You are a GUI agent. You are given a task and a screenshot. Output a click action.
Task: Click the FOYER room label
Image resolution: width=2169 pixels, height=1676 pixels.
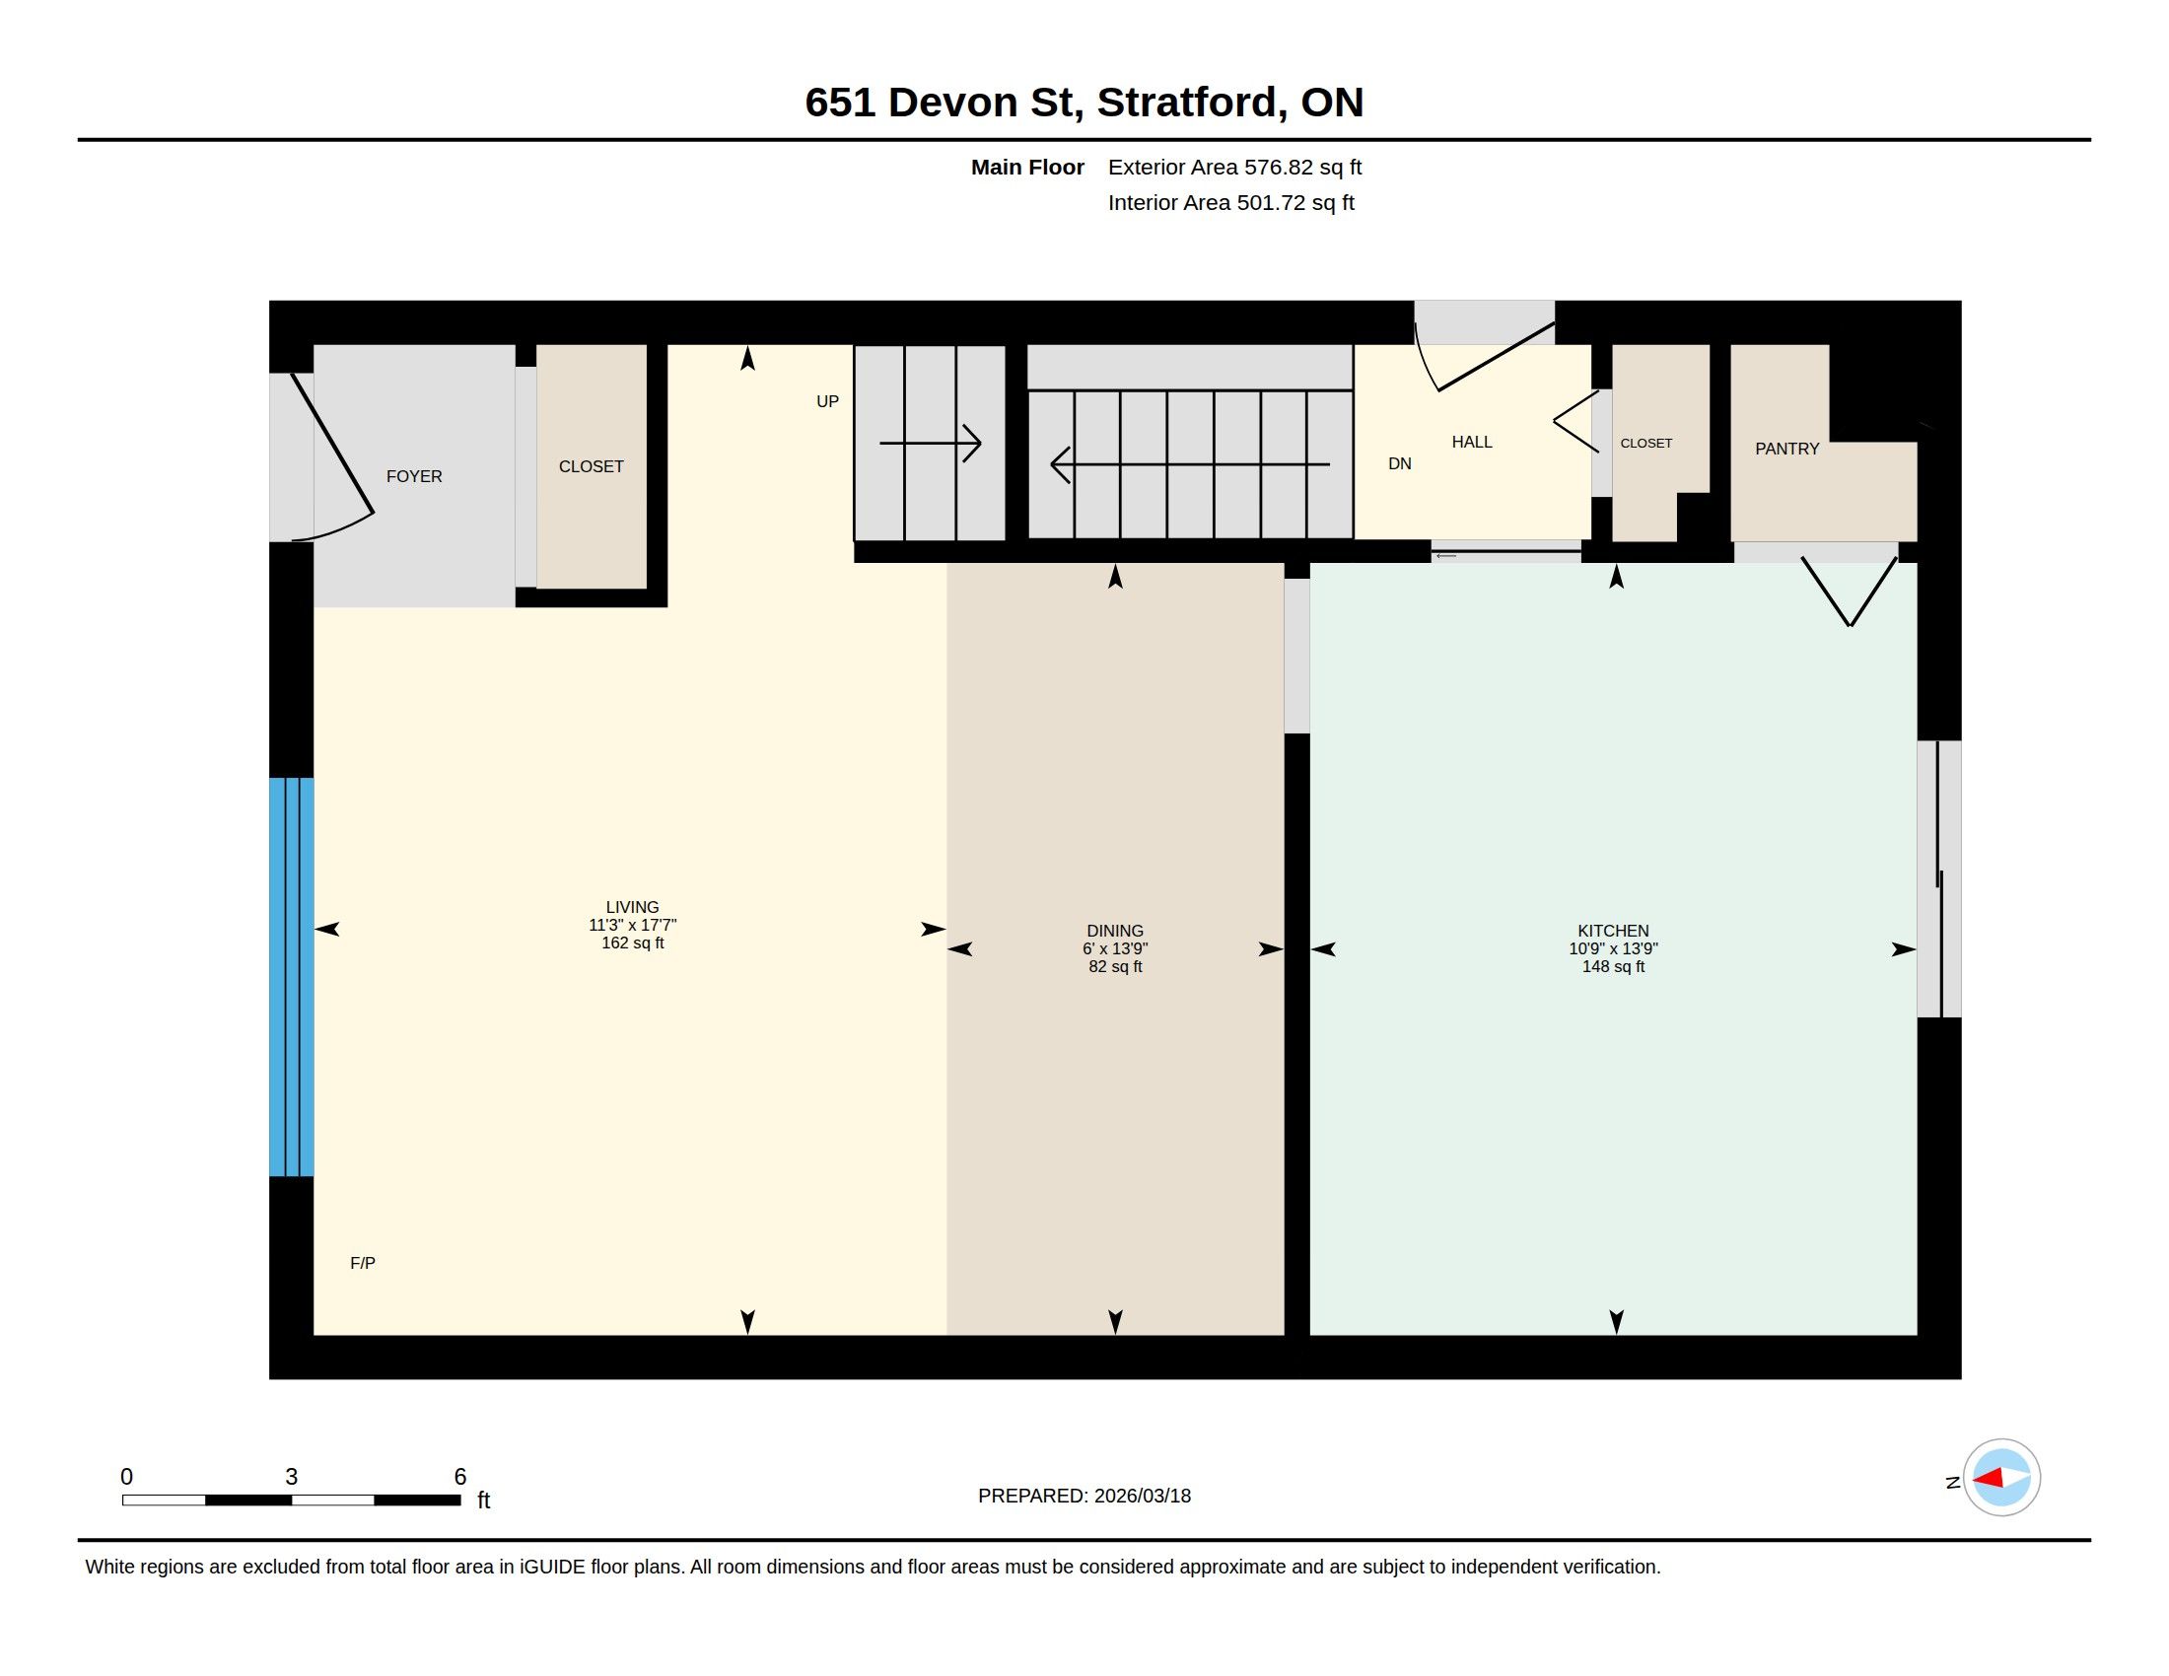click(x=414, y=476)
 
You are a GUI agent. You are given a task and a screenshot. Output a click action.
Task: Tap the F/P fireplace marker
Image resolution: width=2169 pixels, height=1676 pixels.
click(x=363, y=1263)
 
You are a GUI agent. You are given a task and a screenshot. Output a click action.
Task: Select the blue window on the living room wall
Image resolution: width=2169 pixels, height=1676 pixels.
click(x=291, y=977)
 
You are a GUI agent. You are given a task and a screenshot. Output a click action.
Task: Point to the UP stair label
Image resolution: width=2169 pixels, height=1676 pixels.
click(x=827, y=401)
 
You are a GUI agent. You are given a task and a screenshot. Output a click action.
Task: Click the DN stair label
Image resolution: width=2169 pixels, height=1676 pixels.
click(x=1399, y=463)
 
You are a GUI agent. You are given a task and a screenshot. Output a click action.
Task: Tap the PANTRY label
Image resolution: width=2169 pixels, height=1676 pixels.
click(x=1786, y=449)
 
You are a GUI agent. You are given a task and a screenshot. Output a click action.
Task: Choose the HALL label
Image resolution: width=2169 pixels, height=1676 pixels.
click(x=1472, y=442)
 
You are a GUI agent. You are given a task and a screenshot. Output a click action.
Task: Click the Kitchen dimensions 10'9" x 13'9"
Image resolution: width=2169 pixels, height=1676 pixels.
click(x=1613, y=949)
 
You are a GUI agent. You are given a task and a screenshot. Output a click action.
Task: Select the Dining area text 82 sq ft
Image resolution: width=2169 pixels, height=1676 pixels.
click(x=1115, y=967)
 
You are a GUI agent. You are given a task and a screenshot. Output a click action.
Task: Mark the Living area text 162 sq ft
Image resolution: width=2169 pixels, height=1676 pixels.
click(x=633, y=943)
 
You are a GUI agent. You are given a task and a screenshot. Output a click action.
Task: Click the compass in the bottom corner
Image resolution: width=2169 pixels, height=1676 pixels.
click(x=2001, y=1478)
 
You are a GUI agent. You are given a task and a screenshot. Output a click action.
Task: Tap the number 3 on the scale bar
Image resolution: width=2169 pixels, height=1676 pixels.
click(x=291, y=1477)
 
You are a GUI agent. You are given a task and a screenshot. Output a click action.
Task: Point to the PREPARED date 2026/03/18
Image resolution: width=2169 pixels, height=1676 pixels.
click(x=1142, y=1496)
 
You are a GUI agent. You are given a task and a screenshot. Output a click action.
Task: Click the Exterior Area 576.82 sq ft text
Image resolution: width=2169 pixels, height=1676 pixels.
click(x=1234, y=167)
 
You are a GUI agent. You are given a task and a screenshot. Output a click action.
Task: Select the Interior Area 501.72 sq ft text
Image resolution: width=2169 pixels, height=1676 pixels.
click(x=1230, y=202)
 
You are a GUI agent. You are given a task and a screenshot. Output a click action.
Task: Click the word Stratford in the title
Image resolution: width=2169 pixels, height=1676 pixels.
click(x=1188, y=103)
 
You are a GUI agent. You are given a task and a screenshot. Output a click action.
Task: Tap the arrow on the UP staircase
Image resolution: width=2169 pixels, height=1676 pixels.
click(x=931, y=443)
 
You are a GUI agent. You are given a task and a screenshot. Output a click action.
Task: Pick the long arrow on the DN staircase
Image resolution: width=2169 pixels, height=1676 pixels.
click(x=1190, y=464)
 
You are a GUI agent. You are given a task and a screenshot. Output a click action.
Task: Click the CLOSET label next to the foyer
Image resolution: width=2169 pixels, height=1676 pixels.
click(x=591, y=466)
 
